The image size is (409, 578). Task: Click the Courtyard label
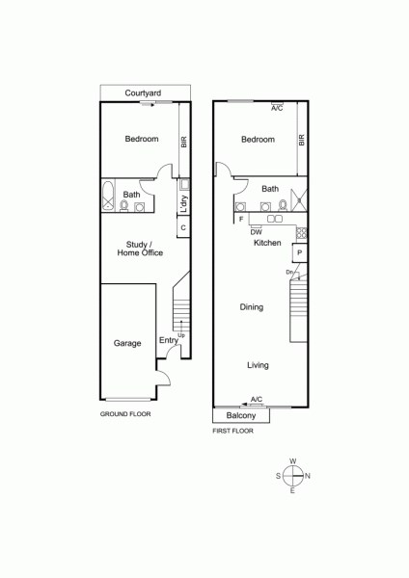tap(143, 92)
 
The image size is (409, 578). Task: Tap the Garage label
tap(127, 343)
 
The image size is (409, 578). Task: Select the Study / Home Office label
tap(140, 249)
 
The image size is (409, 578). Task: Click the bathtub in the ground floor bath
tap(108, 196)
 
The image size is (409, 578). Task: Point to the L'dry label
tap(184, 204)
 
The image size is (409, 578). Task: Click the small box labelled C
tap(183, 227)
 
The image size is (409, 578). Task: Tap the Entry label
tap(168, 340)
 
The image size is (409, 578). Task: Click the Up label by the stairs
tap(181, 335)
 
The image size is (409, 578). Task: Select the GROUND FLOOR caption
tap(125, 414)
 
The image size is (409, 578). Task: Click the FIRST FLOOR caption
tap(232, 431)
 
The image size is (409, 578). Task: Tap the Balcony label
tap(241, 416)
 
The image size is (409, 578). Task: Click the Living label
tap(258, 365)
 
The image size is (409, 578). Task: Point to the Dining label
tap(252, 307)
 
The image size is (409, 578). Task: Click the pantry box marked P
tap(299, 252)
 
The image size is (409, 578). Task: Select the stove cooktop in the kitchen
tap(301, 233)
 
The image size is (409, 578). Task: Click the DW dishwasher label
tap(256, 232)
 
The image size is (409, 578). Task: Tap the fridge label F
tap(241, 220)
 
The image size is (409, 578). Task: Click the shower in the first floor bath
tap(299, 200)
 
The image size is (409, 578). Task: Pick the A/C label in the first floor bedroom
tap(277, 108)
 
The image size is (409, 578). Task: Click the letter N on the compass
tap(308, 476)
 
